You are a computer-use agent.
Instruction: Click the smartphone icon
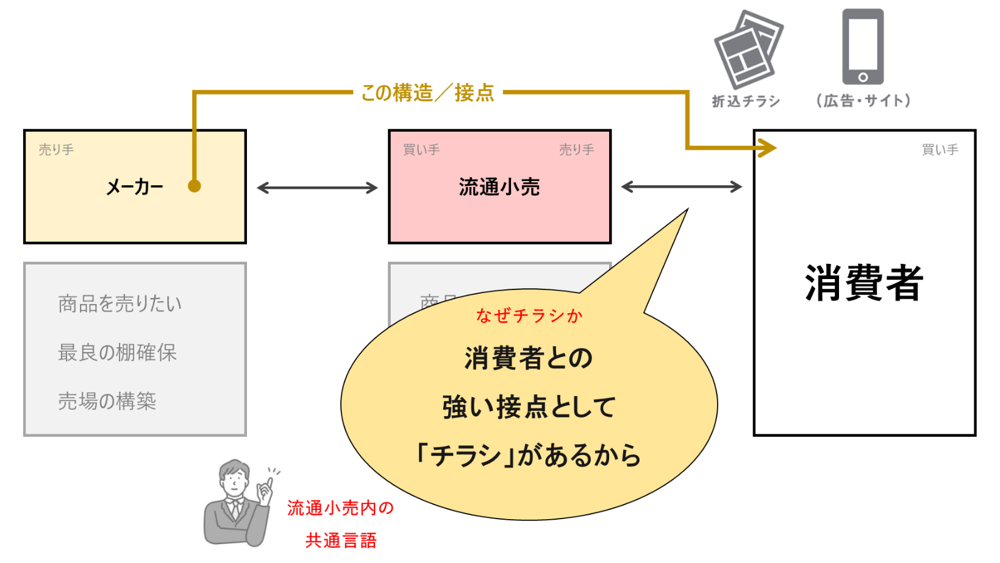click(862, 46)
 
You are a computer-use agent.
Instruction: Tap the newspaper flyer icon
click(748, 49)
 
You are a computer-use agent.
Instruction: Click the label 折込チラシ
click(746, 101)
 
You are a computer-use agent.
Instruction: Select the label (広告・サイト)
click(863, 101)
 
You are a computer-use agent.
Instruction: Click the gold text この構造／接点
click(427, 93)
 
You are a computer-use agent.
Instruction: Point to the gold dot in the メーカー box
click(195, 186)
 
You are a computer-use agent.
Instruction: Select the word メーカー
click(135, 187)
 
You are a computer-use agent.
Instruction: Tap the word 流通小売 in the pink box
click(499, 187)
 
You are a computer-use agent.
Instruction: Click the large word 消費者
click(863, 283)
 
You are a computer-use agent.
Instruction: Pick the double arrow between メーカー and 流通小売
click(317, 188)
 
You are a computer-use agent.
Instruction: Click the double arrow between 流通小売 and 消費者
click(681, 187)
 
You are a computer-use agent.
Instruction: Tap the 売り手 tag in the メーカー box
click(56, 150)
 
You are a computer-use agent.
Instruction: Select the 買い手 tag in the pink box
click(421, 150)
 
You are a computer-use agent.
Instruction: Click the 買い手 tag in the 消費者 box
click(940, 150)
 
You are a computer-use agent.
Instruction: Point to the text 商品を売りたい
click(120, 303)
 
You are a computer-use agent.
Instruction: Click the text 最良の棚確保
click(117, 352)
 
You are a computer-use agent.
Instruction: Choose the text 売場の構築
click(107, 401)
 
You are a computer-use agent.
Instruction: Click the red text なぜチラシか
click(529, 316)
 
